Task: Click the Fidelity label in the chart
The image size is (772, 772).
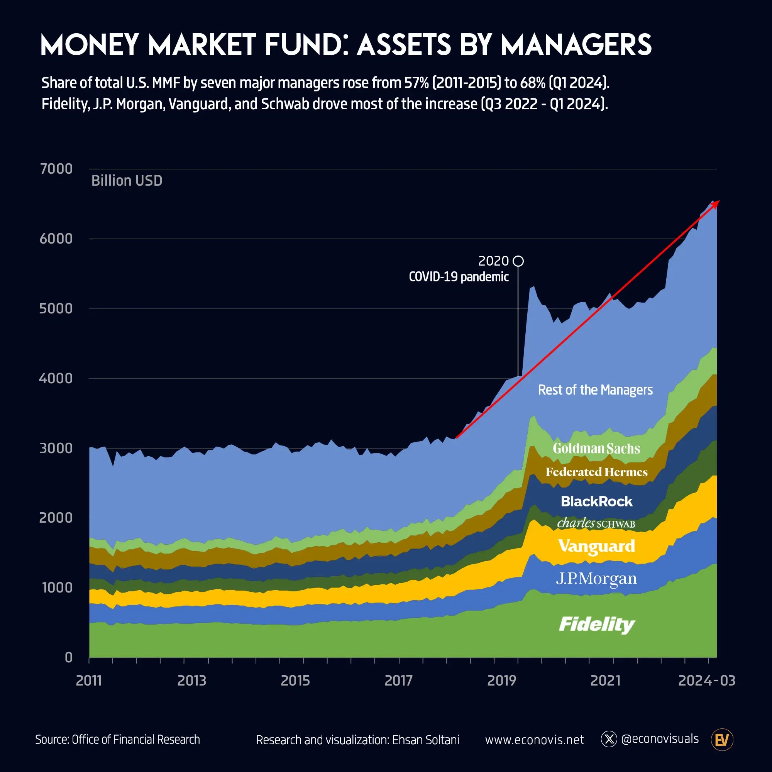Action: [x=597, y=625]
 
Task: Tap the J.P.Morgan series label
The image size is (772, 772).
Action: [x=596, y=578]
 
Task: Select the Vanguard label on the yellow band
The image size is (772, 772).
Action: [x=597, y=546]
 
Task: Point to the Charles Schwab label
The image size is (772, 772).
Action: [x=596, y=523]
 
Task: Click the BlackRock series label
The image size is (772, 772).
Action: [x=597, y=501]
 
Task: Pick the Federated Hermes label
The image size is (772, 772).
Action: [x=597, y=472]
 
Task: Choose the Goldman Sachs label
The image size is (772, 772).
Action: [x=596, y=448]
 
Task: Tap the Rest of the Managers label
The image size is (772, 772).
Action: [x=595, y=389]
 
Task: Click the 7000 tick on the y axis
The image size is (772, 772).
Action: [x=56, y=169]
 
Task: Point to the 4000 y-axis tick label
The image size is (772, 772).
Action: [x=56, y=378]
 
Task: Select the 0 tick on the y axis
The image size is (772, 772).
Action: [x=69, y=657]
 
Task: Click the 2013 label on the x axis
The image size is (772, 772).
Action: [x=192, y=681]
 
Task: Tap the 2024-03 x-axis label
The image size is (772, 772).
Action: [x=706, y=681]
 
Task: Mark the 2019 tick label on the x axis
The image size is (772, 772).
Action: [x=501, y=681]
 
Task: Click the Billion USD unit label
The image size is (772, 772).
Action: [x=127, y=181]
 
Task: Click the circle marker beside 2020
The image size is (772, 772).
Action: [x=518, y=261]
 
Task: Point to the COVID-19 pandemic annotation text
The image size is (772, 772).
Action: [x=459, y=276]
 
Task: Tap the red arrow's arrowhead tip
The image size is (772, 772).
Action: [x=718, y=201]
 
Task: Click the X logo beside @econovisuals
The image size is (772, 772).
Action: [x=609, y=739]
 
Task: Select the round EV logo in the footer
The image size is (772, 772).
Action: [x=722, y=740]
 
